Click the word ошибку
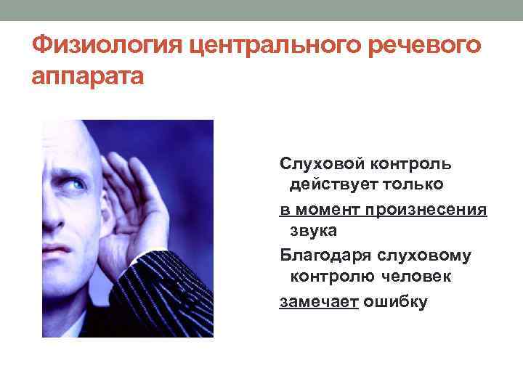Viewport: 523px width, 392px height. pyautogui.click(x=397, y=301)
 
